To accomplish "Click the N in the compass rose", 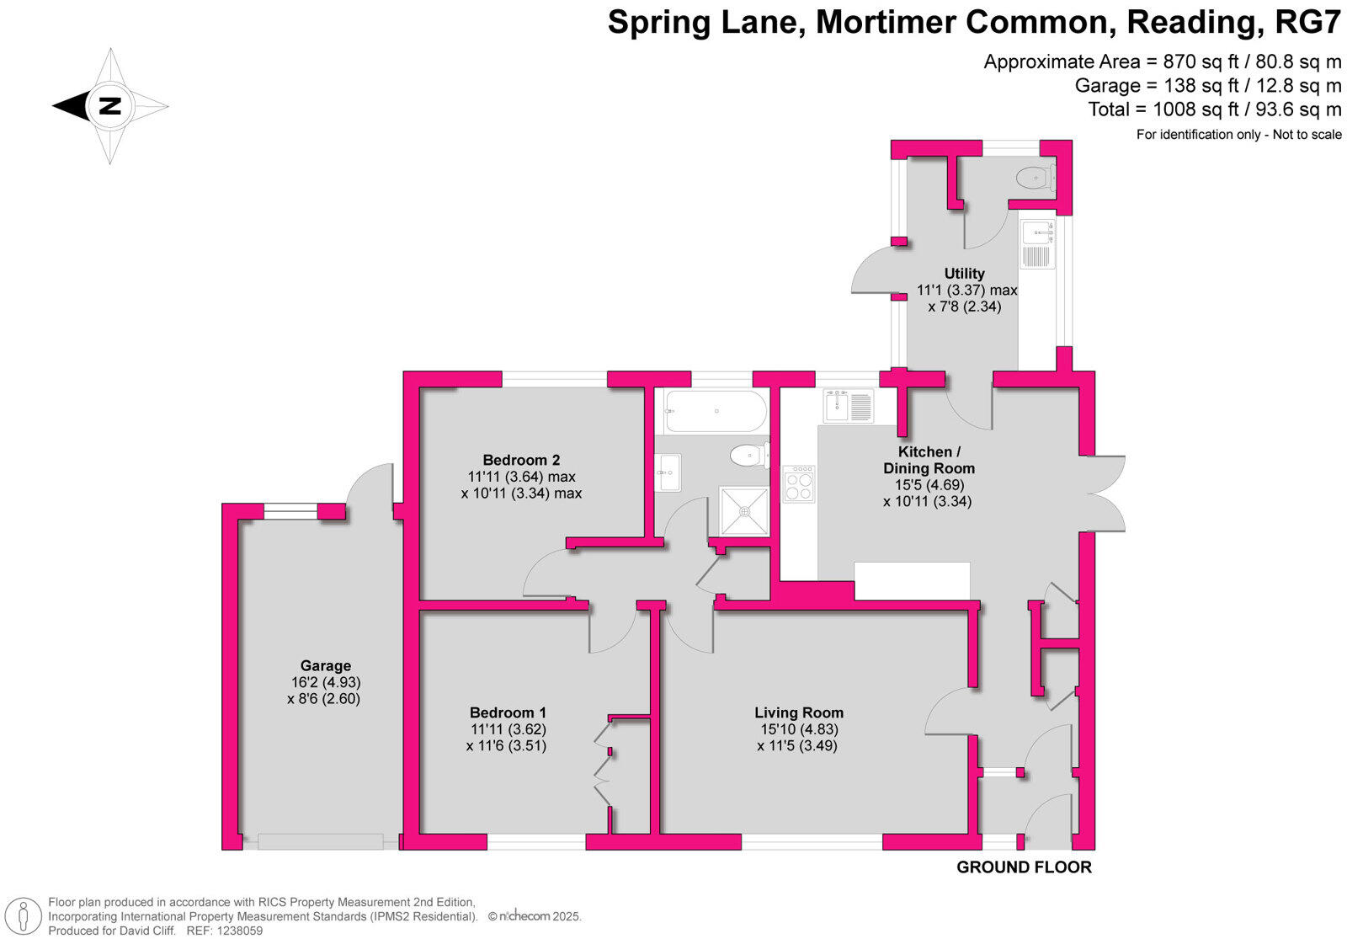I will (109, 106).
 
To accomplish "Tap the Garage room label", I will (325, 665).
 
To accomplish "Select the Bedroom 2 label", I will (521, 460).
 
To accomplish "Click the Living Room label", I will (798, 712).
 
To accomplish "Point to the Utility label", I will (964, 273).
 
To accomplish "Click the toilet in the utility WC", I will (1035, 178).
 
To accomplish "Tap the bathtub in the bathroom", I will (715, 411).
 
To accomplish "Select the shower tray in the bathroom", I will (744, 510).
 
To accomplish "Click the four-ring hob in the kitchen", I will (798, 484).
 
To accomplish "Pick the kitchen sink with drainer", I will (849, 406).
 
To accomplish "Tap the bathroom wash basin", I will (668, 472).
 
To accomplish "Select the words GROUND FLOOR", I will (1024, 867).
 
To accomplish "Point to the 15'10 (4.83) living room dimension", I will (796, 729).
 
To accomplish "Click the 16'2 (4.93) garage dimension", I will (324, 682).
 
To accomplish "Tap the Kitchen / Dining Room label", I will (929, 460).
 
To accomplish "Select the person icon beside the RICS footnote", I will (28, 915).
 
